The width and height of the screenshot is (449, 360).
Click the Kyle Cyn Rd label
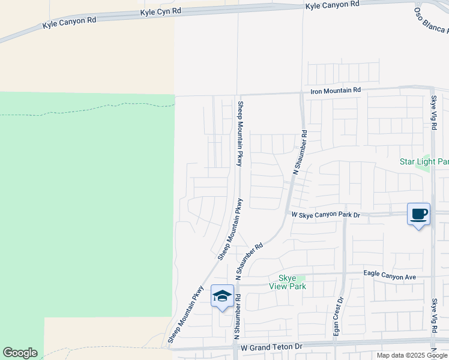(160, 11)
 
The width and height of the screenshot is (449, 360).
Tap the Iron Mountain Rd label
(336, 90)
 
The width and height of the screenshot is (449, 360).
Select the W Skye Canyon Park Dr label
(325, 214)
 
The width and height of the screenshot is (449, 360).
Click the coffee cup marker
(418, 214)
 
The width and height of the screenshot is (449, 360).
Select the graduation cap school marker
(222, 296)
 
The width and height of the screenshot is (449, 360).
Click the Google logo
(20, 353)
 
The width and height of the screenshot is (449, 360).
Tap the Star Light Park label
(424, 162)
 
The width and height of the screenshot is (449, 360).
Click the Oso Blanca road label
(431, 20)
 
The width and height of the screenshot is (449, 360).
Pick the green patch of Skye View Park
(300, 278)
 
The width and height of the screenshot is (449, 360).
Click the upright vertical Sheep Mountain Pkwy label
(240, 133)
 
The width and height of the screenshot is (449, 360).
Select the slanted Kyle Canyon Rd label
(69, 23)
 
